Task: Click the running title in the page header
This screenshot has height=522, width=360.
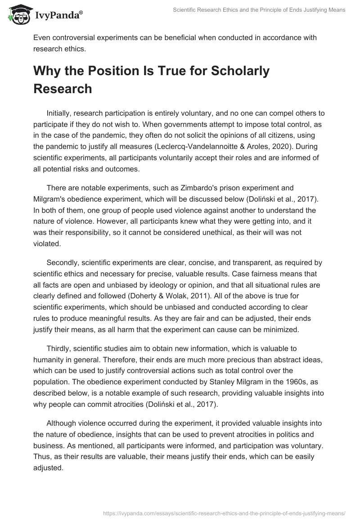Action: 259,10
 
